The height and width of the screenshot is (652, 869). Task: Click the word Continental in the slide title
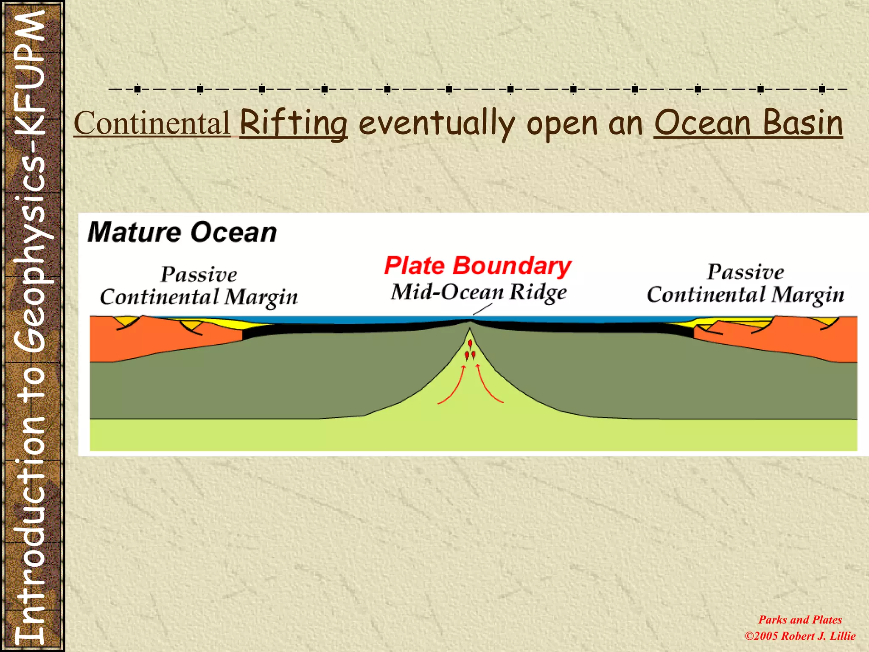[152, 124]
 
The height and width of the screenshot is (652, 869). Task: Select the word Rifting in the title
[294, 124]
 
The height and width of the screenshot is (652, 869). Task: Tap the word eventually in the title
[436, 124]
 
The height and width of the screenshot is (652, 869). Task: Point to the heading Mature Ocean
[182, 233]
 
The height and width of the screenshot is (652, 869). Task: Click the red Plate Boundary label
[478, 266]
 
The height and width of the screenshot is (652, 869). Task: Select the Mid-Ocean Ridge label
[479, 292]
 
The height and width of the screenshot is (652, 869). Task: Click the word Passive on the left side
[199, 274]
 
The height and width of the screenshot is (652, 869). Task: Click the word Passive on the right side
[745, 272]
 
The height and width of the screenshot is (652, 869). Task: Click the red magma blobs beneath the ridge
[470, 350]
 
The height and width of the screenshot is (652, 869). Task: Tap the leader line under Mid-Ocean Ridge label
[483, 309]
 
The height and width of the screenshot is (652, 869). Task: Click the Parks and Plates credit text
[800, 620]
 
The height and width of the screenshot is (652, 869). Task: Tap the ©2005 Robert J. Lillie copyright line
[800, 636]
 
